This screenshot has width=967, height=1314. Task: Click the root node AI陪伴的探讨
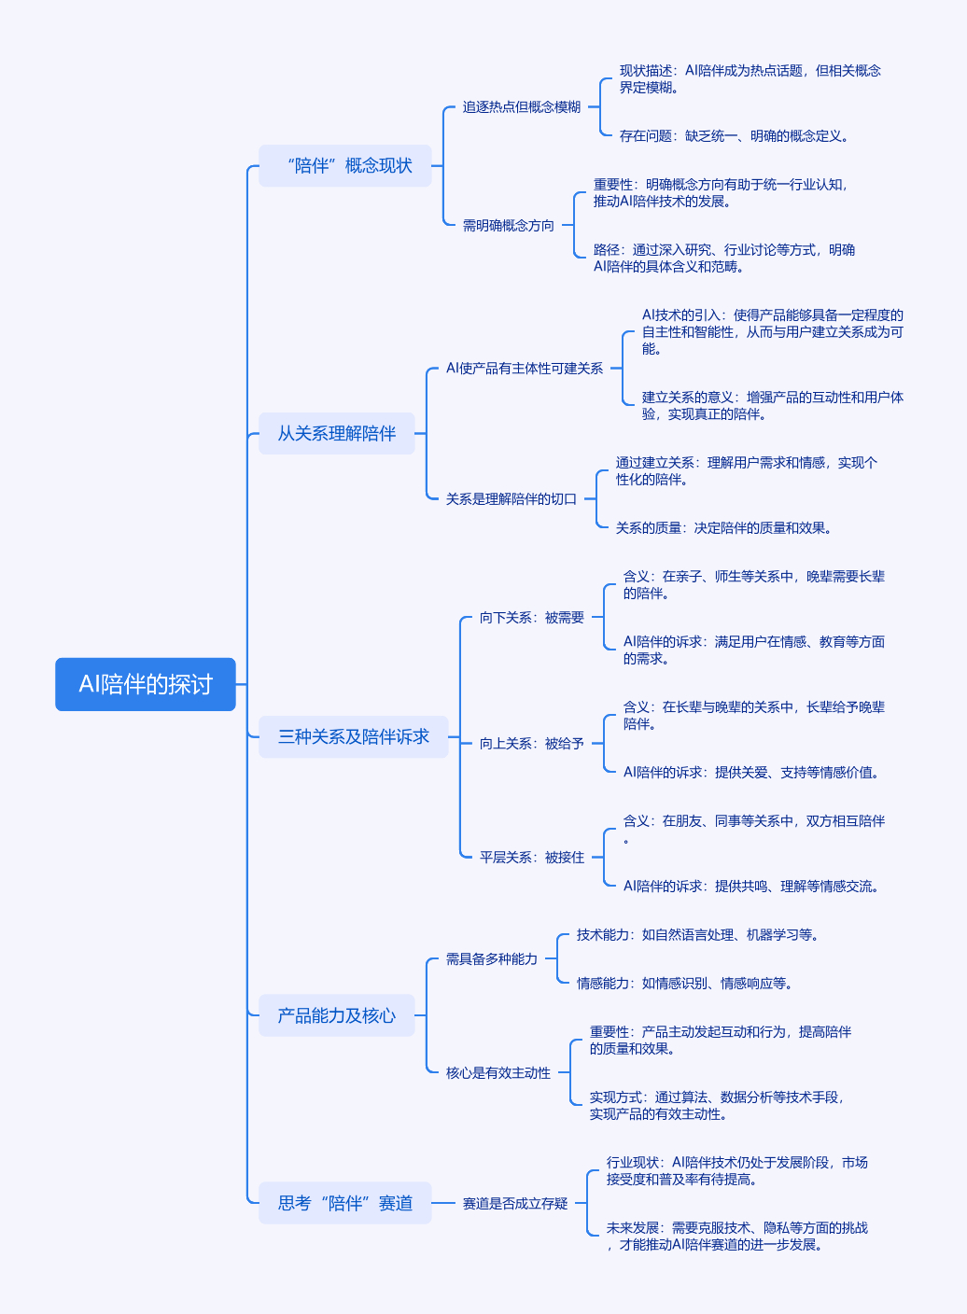point(146,684)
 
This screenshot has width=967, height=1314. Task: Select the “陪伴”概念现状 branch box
point(345,166)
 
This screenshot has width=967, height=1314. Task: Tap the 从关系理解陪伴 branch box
point(337,434)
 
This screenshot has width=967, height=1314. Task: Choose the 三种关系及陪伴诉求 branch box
point(353,736)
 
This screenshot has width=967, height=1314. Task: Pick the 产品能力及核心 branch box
point(337,1015)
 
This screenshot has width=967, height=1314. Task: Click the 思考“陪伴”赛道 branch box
point(345,1203)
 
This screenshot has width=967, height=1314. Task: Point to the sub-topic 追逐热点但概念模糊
point(522,106)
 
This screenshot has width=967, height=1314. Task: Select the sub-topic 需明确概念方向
point(508,225)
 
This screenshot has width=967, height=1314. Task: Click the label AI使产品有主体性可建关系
point(525,369)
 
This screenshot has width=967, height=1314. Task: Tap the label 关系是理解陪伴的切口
point(512,499)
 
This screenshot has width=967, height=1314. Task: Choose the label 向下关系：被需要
point(532,617)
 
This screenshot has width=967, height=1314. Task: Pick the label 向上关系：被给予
point(532,743)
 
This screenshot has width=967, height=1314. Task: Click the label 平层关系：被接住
point(532,857)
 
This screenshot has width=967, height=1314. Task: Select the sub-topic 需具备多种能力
point(492,959)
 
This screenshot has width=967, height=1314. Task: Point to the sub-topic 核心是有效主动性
point(498,1073)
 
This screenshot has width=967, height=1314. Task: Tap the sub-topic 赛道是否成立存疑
point(515,1204)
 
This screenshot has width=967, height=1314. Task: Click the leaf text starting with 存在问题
point(734,136)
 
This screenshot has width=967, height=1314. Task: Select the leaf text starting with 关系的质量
point(723,528)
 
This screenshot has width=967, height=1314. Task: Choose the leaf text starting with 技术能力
point(697,934)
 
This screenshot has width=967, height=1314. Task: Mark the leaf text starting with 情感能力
point(685,983)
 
